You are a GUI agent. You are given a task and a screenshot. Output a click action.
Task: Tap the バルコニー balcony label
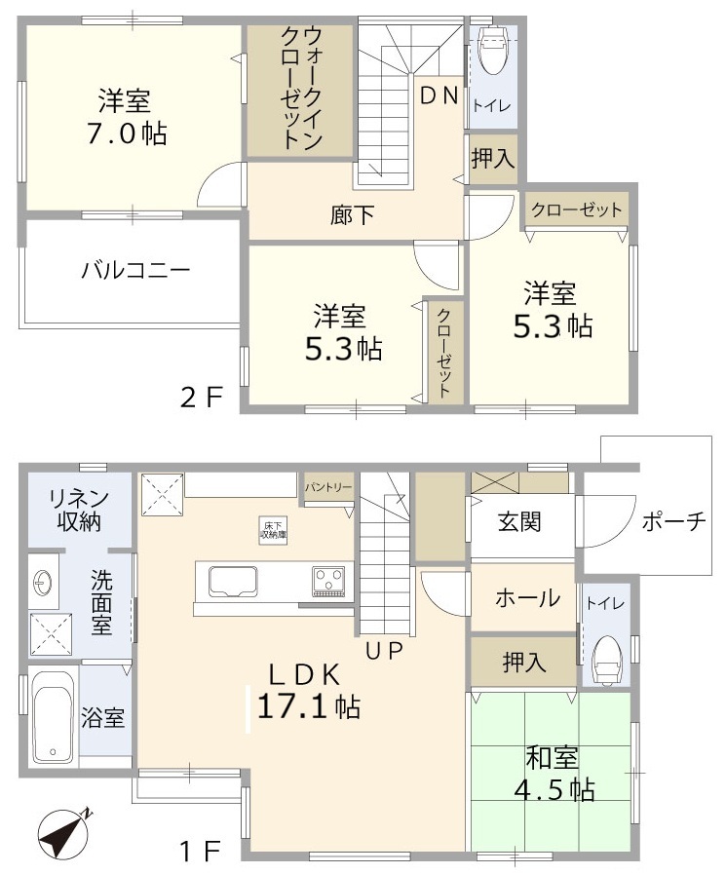tap(134, 271)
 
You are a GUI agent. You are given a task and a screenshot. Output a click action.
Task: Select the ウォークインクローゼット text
tap(299, 88)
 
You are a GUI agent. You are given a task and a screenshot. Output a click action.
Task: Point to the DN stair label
tap(439, 95)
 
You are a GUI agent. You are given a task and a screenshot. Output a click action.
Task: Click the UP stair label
tap(385, 652)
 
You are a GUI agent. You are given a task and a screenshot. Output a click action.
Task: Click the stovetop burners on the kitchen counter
tap(328, 581)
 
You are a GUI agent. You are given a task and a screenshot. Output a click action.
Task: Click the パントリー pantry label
tap(327, 484)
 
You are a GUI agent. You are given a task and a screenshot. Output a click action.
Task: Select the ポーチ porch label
tap(673, 522)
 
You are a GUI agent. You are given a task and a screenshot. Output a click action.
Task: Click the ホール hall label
tap(527, 597)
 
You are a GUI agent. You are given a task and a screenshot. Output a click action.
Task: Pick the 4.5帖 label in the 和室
tap(554, 788)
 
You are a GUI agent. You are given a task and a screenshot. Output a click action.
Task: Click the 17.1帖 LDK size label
tap(308, 704)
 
